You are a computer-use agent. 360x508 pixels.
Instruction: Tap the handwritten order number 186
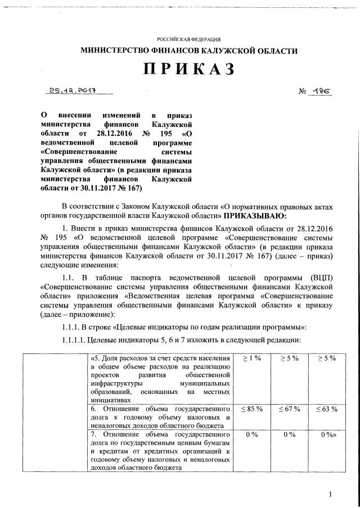[321, 90]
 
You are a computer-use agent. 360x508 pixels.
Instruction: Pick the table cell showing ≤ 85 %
[251, 409]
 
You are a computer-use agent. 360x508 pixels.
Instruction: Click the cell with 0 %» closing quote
[327, 436]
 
